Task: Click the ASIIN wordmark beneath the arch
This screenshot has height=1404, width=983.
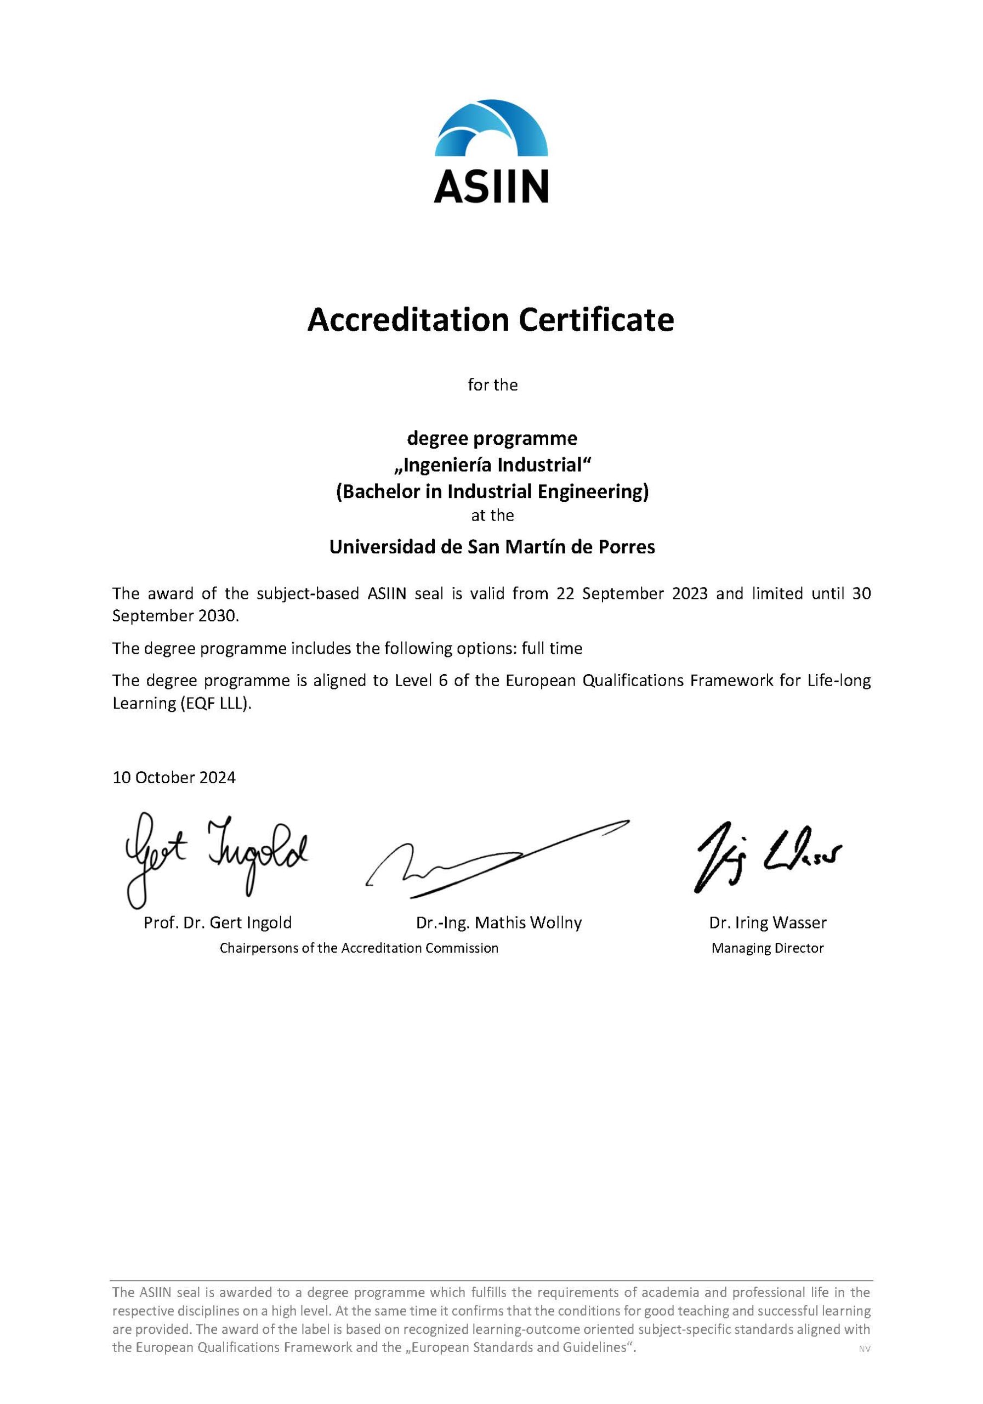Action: [x=491, y=186]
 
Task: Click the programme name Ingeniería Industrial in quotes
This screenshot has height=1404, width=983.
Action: [x=492, y=466]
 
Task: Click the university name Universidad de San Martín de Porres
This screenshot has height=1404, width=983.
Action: [x=492, y=547]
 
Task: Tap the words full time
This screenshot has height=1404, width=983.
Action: [x=552, y=648]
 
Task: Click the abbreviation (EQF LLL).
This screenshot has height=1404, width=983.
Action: [x=215, y=703]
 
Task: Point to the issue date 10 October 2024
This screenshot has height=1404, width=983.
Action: [x=174, y=778]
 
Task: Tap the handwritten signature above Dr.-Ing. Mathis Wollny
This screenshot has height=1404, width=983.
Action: [x=495, y=859]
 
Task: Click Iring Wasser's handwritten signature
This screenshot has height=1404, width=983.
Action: [x=767, y=853]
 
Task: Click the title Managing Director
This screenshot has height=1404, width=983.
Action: [x=768, y=948]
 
